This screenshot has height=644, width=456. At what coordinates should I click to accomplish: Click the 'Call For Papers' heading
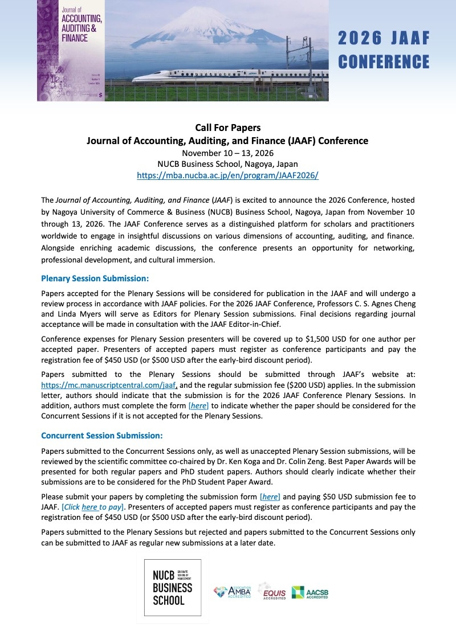click(227, 128)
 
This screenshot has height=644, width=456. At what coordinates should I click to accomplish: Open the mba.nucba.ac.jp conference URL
click(227, 176)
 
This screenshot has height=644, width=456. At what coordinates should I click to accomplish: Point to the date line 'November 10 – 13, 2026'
click(227, 153)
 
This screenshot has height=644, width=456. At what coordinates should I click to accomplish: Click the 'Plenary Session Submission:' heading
click(95, 278)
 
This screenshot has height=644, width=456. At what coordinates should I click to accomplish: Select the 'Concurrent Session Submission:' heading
click(102, 436)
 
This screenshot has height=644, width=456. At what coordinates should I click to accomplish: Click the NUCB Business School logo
click(173, 588)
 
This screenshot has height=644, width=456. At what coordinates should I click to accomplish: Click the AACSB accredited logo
click(310, 593)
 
